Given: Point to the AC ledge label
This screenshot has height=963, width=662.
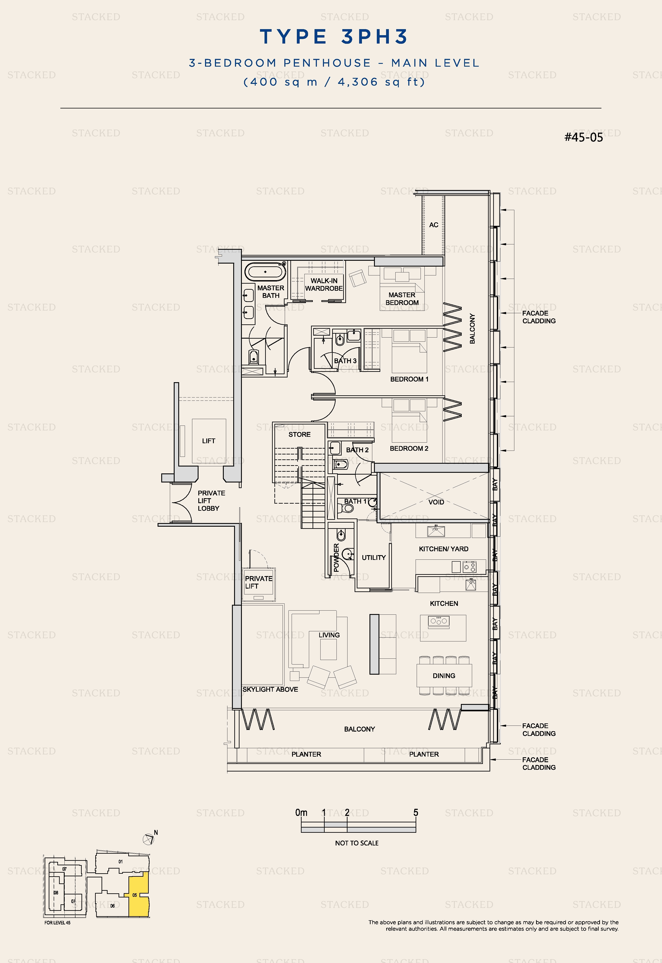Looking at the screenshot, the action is coord(434,225).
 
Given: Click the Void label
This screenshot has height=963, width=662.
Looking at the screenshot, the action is coord(436,502).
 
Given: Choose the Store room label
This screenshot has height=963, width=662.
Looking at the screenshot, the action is coord(299,434).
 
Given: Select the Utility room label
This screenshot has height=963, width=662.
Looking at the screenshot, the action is coord(374,558).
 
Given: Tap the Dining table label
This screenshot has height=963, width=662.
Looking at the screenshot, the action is coord(444,676).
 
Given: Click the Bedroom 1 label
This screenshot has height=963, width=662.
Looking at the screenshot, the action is coord(409,379).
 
